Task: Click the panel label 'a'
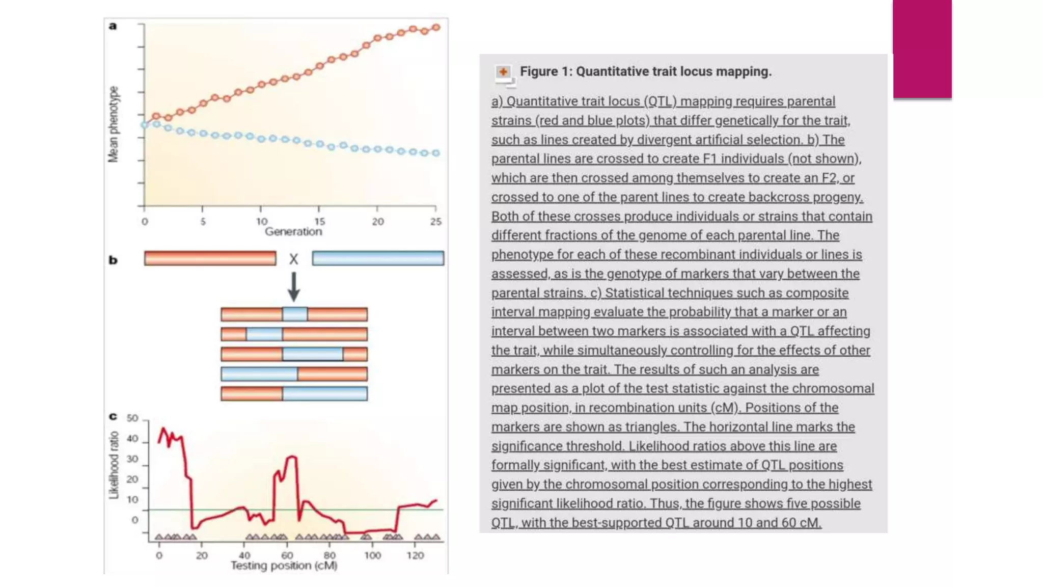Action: tap(113, 26)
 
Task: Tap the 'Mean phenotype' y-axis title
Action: tap(113, 125)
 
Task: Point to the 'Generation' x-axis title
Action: tap(293, 232)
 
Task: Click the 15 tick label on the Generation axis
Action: tap(319, 222)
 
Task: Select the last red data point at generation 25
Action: tap(436, 28)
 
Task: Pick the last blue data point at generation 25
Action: tap(436, 153)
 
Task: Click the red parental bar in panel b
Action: tap(210, 258)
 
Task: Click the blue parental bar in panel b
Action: tap(378, 258)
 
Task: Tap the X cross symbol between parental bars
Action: tap(294, 259)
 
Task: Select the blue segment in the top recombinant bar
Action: tap(295, 314)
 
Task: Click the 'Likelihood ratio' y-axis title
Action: tap(114, 465)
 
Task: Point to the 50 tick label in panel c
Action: tap(132, 418)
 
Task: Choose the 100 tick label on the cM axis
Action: tap(372, 555)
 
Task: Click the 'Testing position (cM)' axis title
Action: tap(284, 566)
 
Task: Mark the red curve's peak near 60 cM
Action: tap(292, 458)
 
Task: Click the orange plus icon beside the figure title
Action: tap(503, 72)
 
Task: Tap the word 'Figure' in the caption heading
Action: tap(539, 72)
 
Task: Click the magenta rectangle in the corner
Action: tap(922, 48)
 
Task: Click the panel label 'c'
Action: tap(113, 417)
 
